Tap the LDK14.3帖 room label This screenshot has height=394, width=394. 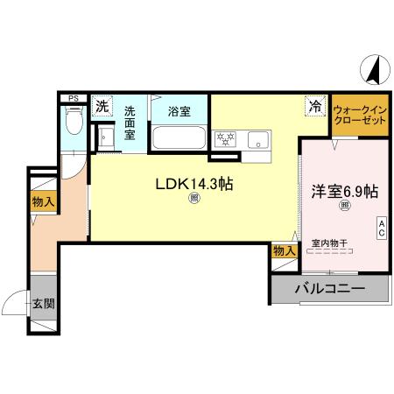coord(193,185)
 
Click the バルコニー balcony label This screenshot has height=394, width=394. coord(329,288)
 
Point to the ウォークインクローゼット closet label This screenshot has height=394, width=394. coord(360,115)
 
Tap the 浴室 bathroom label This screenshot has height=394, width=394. coord(179,111)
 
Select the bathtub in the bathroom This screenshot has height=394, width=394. coord(179,138)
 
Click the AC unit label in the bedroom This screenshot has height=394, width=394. coord(382,228)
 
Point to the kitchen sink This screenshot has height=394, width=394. coord(258,138)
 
